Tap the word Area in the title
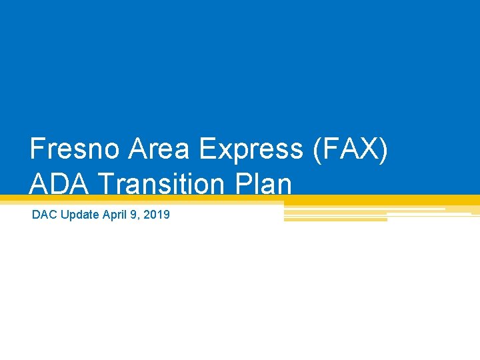[x=151, y=149]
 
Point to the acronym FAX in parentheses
[x=349, y=149]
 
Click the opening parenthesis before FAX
[x=315, y=149]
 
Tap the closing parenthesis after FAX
[x=383, y=149]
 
